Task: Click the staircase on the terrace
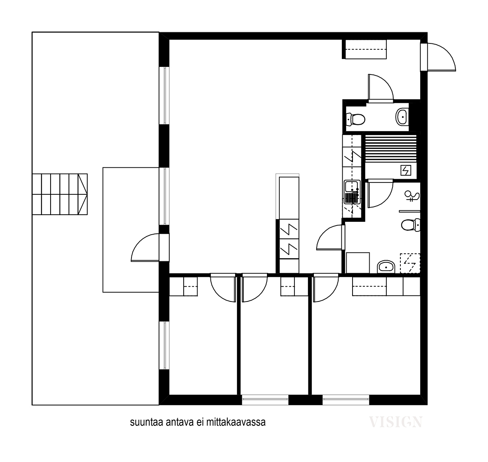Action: click(60, 194)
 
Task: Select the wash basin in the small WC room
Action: click(402, 117)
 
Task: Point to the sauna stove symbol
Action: click(406, 171)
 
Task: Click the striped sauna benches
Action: click(390, 149)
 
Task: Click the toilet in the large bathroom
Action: click(410, 225)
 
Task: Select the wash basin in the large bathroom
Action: click(386, 266)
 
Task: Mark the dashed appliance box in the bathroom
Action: click(410, 263)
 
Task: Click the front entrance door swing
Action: click(440, 57)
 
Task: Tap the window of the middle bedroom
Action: click(265, 399)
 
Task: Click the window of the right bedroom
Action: click(346, 399)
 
